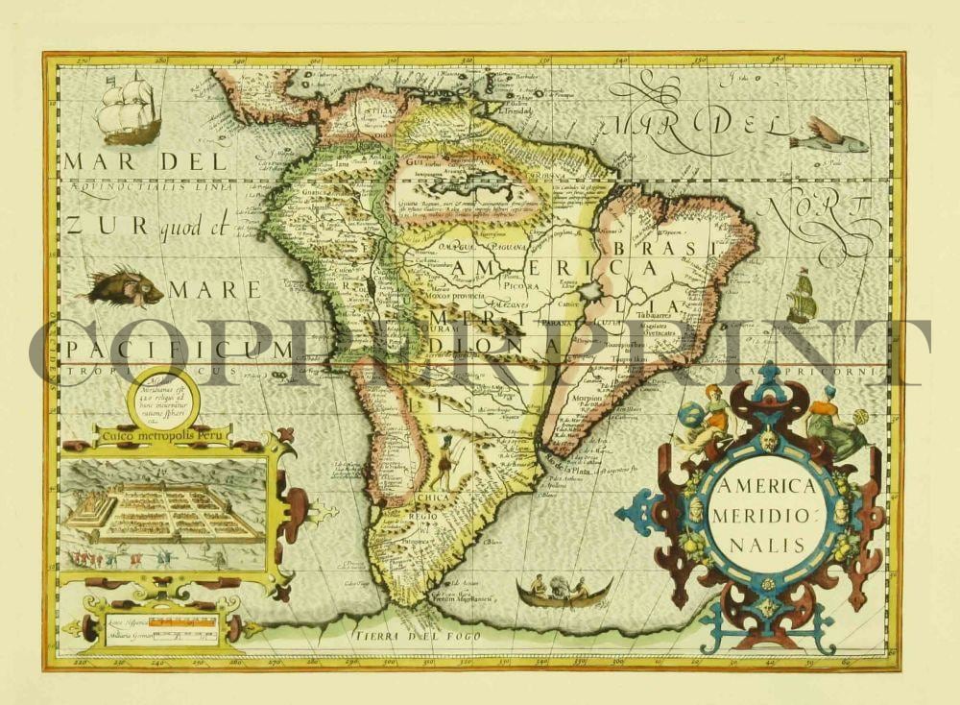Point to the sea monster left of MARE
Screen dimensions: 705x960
click(x=122, y=286)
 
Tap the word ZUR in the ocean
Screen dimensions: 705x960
click(x=91, y=227)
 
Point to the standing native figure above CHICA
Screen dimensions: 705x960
click(x=444, y=462)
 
